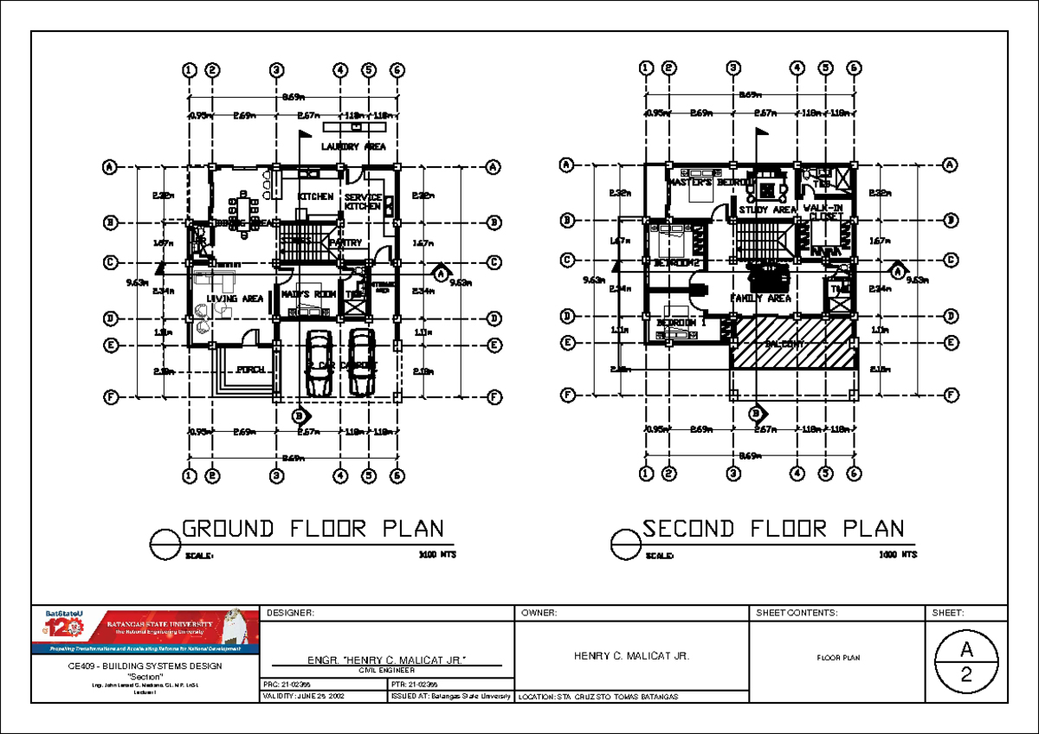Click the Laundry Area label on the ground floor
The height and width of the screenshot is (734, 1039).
[353, 146]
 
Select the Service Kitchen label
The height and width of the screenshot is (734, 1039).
[363, 202]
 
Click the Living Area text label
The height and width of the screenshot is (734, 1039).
[235, 299]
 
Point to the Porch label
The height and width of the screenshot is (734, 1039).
[250, 370]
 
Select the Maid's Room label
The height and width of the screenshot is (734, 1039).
[308, 294]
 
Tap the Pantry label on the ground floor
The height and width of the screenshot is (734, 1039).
[345, 243]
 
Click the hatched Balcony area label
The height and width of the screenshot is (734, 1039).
[786, 344]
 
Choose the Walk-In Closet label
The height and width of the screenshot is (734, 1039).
[825, 212]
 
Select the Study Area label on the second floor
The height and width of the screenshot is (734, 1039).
[767, 209]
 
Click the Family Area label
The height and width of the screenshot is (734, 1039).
[760, 298]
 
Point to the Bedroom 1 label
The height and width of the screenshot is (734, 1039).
[681, 323]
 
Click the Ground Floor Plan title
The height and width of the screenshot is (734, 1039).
[313, 529]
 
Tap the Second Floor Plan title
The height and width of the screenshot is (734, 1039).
[773, 529]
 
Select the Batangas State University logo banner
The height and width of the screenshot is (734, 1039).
[145, 629]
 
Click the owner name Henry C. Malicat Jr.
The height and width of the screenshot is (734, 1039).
[631, 657]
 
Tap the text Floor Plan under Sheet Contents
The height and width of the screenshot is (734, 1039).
[838, 658]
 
